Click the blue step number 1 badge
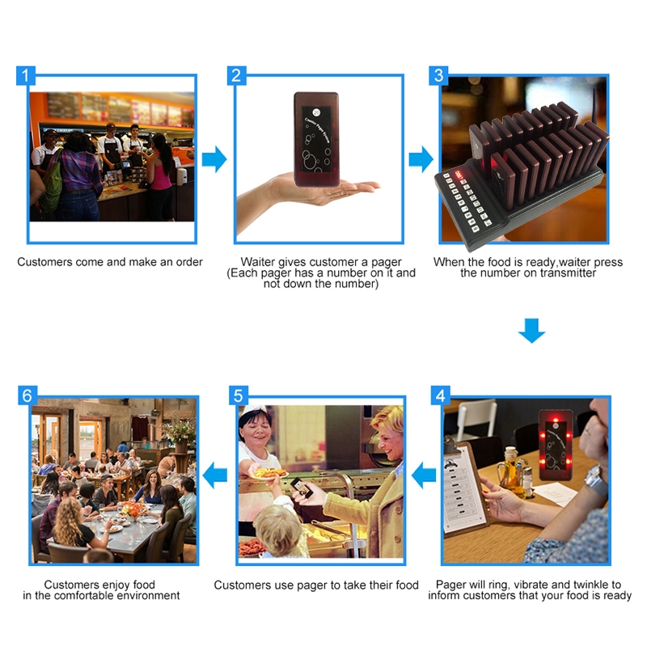click(26, 75)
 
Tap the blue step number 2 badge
click(236, 75)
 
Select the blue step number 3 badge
click(438, 75)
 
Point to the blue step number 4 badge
click(440, 395)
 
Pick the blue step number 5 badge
click(239, 395)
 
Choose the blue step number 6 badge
click(27, 395)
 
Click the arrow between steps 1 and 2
click(214, 159)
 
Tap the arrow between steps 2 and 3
click(421, 159)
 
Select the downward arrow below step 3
click(532, 331)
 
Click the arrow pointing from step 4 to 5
click(424, 476)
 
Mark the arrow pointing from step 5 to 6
click(215, 476)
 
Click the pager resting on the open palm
click(316, 139)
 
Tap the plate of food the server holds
click(269, 473)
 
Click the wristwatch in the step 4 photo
click(594, 480)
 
